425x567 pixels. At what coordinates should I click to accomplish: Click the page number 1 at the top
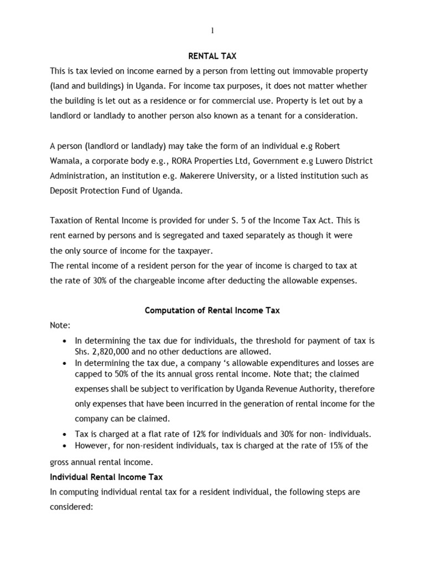tap(212, 30)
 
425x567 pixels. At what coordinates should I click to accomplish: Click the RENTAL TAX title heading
tap(212, 56)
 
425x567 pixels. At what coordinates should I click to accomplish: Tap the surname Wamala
tap(67, 161)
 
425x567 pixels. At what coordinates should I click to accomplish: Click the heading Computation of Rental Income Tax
tap(212, 311)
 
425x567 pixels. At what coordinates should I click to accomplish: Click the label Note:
tap(60, 326)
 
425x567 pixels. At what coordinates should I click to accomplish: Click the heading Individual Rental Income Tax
tap(106, 477)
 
